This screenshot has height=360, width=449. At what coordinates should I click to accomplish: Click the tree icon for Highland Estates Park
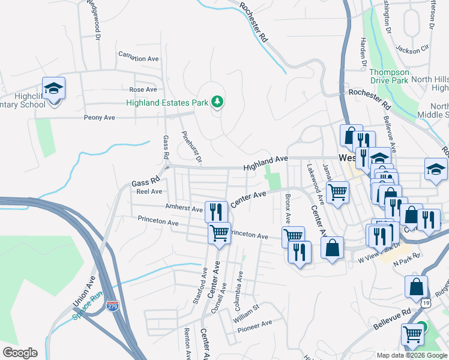tap(217, 103)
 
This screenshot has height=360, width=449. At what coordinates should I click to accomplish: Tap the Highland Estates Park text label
tap(167, 103)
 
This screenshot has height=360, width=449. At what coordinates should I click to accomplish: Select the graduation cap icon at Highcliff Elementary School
tap(53, 89)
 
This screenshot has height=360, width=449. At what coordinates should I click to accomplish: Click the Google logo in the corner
tap(20, 353)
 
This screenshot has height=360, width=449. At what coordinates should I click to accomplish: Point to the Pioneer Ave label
tap(255, 325)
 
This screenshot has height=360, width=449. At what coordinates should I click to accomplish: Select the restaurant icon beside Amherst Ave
tap(215, 211)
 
